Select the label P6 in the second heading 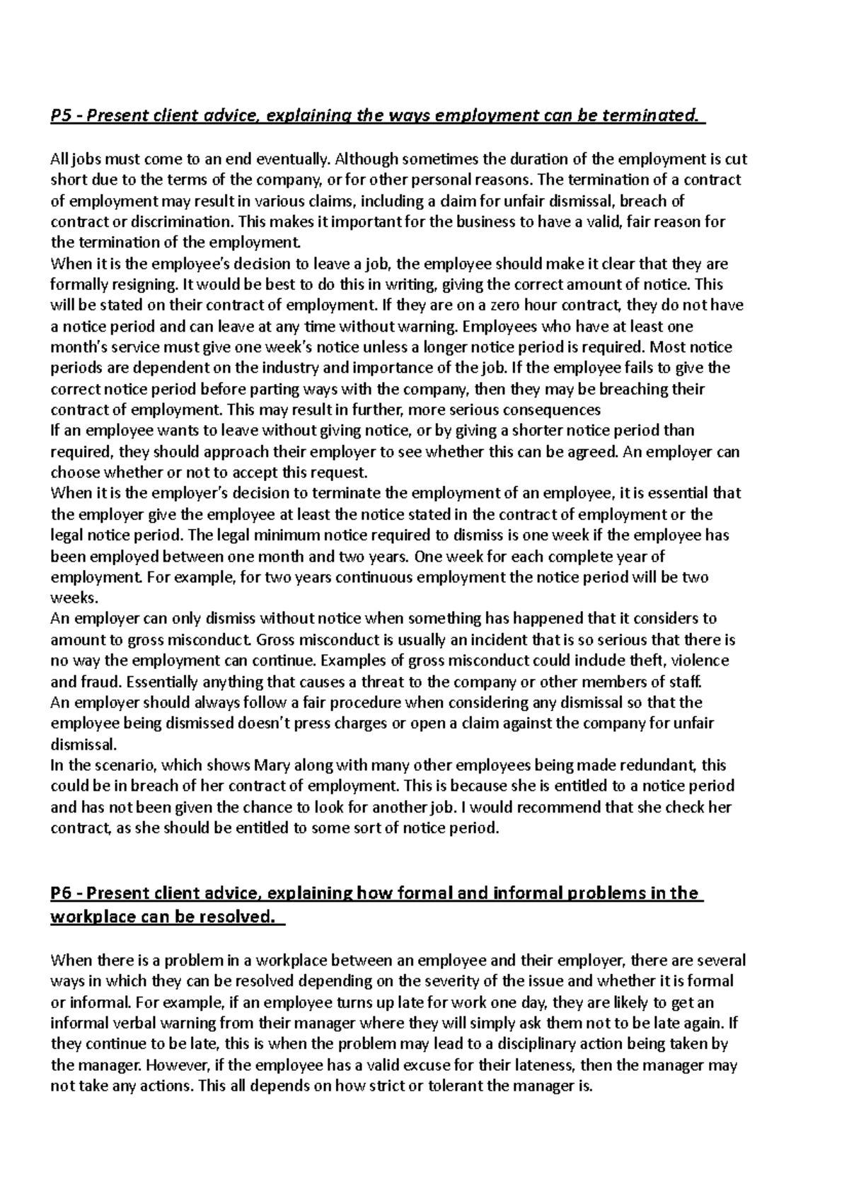pos(61,893)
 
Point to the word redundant pos(659,765)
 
